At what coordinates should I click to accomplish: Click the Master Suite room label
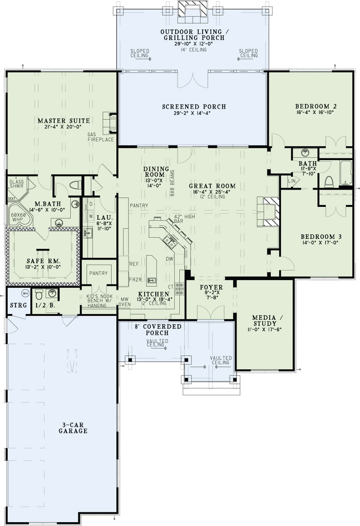coord(64,121)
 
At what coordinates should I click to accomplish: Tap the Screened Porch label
coord(194,107)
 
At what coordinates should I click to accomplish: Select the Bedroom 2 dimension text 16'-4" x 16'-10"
coord(316,113)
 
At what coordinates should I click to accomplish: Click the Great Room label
coord(212,186)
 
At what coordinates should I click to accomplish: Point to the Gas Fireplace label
coord(100,137)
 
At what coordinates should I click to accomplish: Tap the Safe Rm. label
coord(44,261)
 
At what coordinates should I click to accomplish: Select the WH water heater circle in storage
coord(25,293)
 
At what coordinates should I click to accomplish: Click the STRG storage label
coord(18,305)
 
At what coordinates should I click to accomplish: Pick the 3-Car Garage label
coord(73,428)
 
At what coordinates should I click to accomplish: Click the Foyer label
coord(211,287)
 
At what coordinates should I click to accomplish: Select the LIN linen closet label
coord(292,181)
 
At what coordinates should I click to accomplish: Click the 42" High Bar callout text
coord(184,219)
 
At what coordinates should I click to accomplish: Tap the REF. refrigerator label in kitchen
coord(134,264)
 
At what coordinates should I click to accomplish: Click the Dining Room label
coord(156,172)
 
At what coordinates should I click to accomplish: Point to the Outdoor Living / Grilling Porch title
coord(194,35)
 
